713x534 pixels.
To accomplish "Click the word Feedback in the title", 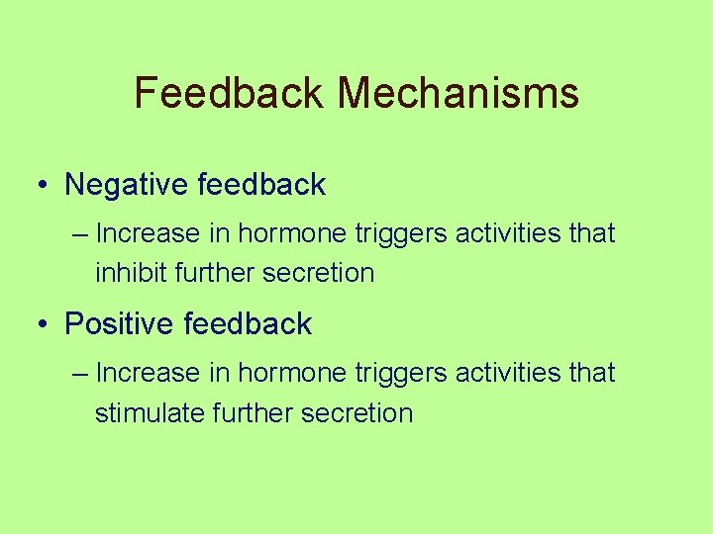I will point(229,93).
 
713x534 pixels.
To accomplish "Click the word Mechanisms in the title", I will point(458,93).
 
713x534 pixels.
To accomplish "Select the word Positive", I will point(119,324).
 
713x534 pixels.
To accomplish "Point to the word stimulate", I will point(150,412).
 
